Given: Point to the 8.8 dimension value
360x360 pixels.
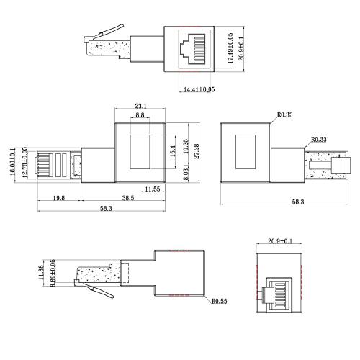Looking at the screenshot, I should click(x=140, y=115).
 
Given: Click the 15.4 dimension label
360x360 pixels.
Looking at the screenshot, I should click(x=173, y=152).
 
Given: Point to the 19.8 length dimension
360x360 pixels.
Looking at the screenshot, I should click(x=60, y=197).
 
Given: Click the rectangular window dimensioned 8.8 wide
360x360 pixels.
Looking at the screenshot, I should click(x=140, y=152).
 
